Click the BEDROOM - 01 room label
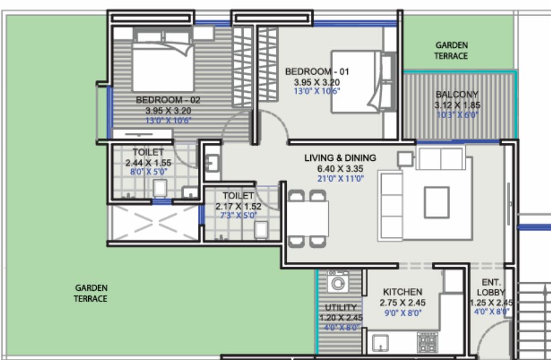pyautogui.click(x=317, y=72)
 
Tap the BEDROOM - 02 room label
pyautogui.click(x=168, y=100)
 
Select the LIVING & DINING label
pyautogui.click(x=340, y=158)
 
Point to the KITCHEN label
pyautogui.click(x=402, y=292)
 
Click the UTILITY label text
pyautogui.click(x=340, y=308)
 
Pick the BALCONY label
pyautogui.click(x=457, y=94)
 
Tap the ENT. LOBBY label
pyautogui.click(x=491, y=287)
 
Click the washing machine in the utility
pyautogui.click(x=338, y=281)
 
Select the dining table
pyautogui.click(x=308, y=219)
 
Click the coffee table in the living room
pyautogui.click(x=437, y=203)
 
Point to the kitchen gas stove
pyautogui.click(x=427, y=343)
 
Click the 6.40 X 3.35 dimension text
pyautogui.click(x=340, y=168)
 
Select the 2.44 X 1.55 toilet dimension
pyautogui.click(x=149, y=163)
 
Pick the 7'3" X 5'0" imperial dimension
pyautogui.click(x=238, y=215)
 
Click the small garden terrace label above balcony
pyautogui.click(x=451, y=51)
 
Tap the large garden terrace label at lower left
pyautogui.click(x=90, y=293)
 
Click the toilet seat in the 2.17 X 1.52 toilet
pyautogui.click(x=261, y=230)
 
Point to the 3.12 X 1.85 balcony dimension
pyautogui.click(x=457, y=105)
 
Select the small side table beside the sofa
pyautogui.click(x=405, y=159)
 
